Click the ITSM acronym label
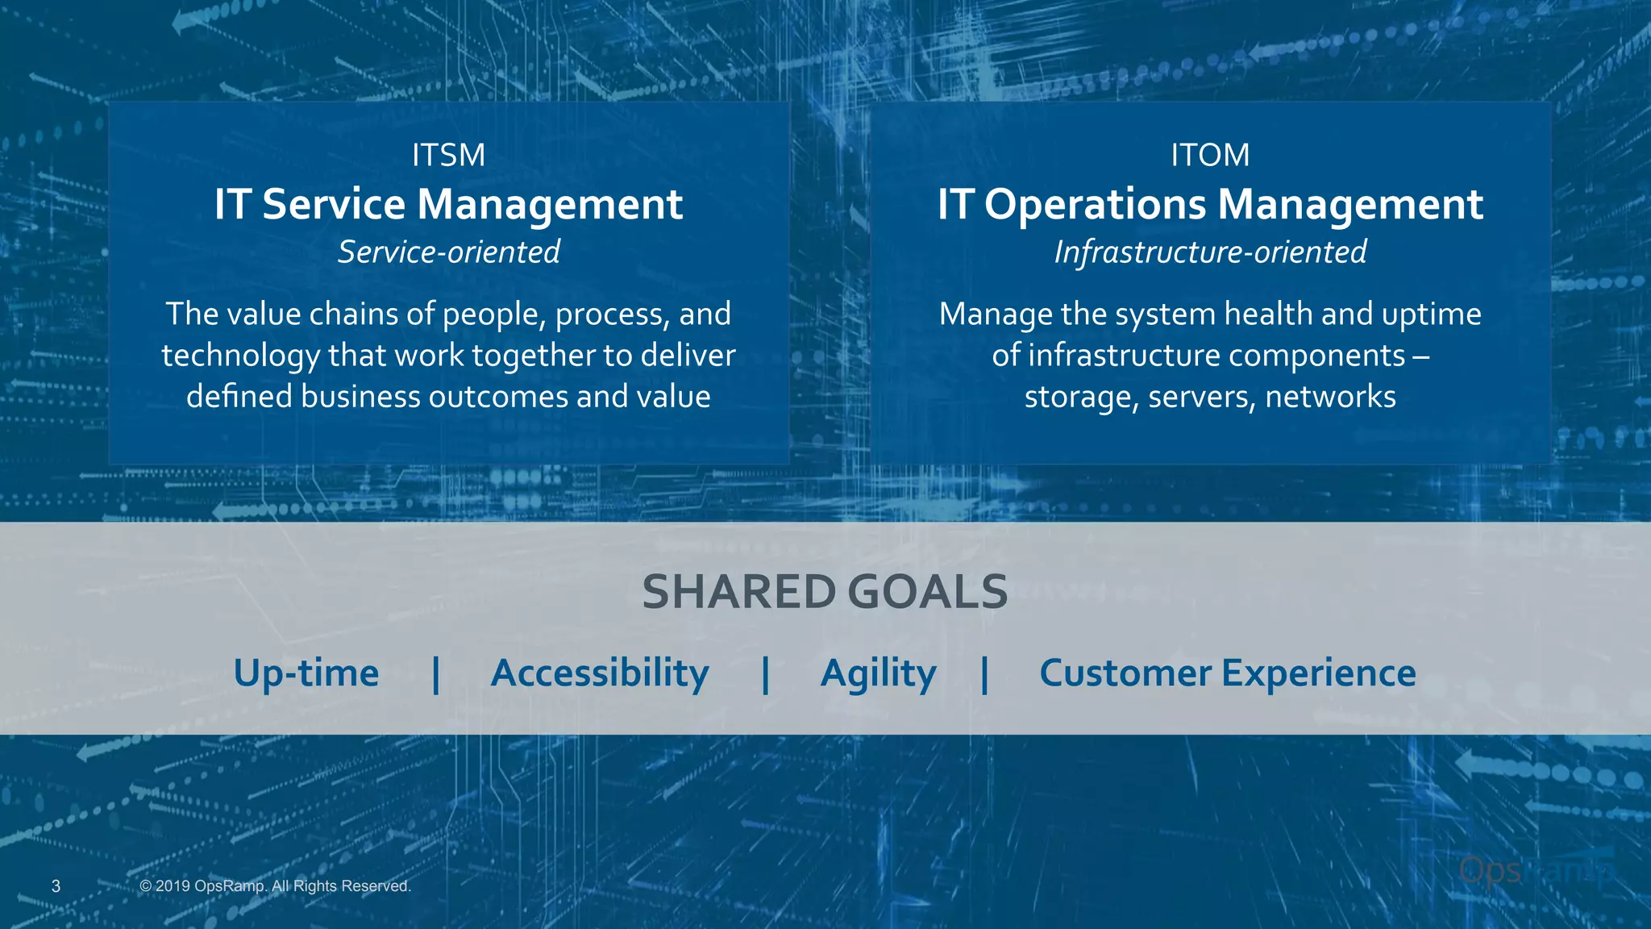[x=448, y=155]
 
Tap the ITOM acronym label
[x=1210, y=155]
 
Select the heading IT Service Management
[x=448, y=204]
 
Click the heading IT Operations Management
[x=1210, y=204]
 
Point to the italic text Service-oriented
[x=448, y=252]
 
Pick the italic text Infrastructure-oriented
[x=1210, y=252]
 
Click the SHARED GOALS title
[x=825, y=592]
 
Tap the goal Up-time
[x=306, y=673]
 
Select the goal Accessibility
[x=600, y=673]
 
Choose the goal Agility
[x=878, y=673]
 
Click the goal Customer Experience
[x=1227, y=673]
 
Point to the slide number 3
[x=56, y=886]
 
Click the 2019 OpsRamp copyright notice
[x=275, y=886]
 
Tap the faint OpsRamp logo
[x=1536, y=871]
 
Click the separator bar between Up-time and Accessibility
[x=436, y=674]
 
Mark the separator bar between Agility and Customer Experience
[x=984, y=674]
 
